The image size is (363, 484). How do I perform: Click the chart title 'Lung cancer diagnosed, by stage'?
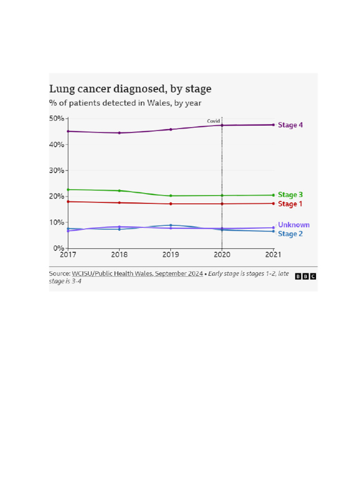(130, 89)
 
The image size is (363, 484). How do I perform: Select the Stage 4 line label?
(290, 125)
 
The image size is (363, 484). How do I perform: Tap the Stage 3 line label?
(290, 195)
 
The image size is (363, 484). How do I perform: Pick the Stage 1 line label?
(290, 204)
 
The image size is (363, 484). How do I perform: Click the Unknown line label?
(294, 225)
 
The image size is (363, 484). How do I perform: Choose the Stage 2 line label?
(290, 234)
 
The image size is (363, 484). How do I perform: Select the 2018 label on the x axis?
(119, 255)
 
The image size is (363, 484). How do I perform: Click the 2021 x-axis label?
(273, 255)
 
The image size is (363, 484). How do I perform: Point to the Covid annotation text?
(214, 121)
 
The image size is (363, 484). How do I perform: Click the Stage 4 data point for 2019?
(171, 129)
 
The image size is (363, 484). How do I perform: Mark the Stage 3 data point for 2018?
(119, 190)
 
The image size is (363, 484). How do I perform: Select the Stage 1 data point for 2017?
(68, 202)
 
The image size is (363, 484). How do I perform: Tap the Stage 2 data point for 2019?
(171, 225)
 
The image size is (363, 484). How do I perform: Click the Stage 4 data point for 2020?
(222, 125)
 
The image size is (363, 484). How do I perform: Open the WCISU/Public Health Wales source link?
(137, 273)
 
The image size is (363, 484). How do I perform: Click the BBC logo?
(305, 276)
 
